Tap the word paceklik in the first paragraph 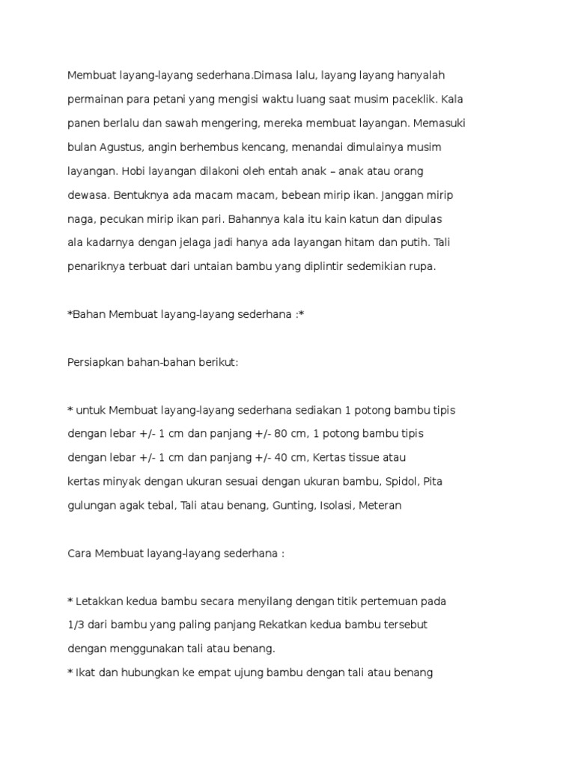click(x=413, y=99)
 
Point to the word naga click(x=80, y=219)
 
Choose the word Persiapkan click(x=94, y=362)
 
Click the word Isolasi click(x=337, y=506)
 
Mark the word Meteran click(x=380, y=506)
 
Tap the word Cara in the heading click(x=80, y=554)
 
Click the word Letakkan click(x=100, y=601)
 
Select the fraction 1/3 click(x=76, y=625)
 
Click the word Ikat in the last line click(x=86, y=672)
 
